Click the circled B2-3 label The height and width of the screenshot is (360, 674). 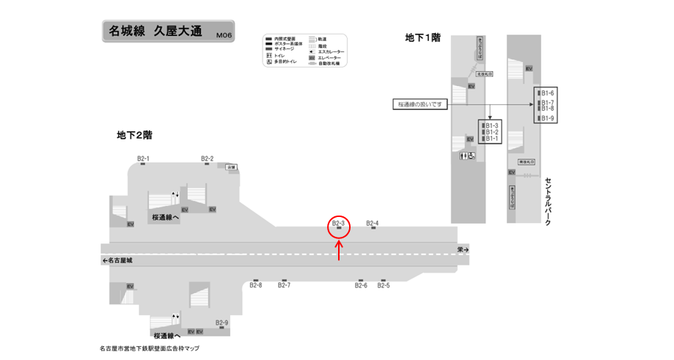338,223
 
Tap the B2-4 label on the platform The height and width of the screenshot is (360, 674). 373,223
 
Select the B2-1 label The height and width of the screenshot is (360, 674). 143,158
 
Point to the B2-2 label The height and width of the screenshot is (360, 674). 207,158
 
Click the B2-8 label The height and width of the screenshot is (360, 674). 255,285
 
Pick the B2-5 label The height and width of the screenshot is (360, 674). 384,285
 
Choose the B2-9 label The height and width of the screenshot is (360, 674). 221,323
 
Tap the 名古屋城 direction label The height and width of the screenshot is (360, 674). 120,260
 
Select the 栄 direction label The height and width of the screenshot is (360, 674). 462,250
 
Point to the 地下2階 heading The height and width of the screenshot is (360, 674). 134,135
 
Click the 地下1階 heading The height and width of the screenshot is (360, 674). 423,37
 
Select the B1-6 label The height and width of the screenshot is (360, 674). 547,93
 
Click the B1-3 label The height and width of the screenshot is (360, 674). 492,125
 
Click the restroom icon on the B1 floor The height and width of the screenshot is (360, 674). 467,156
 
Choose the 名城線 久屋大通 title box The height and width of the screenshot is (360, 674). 166,32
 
